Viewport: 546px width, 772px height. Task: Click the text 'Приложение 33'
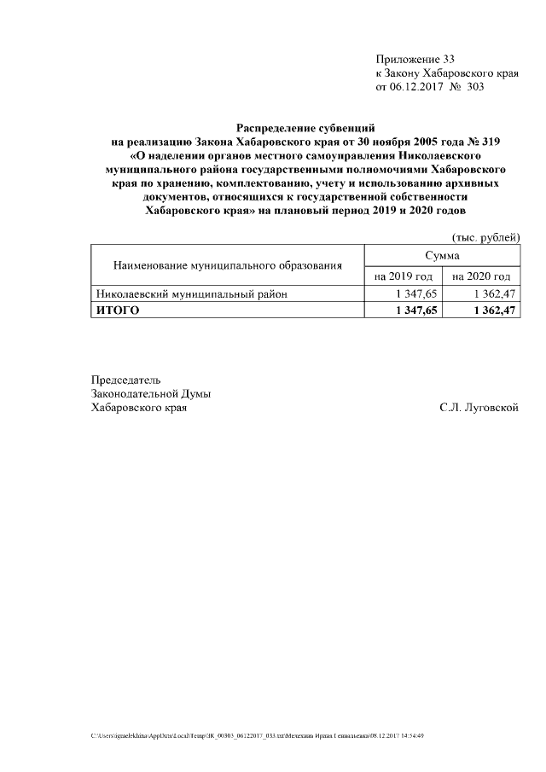[x=415, y=60]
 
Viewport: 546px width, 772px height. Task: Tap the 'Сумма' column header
[x=442, y=256]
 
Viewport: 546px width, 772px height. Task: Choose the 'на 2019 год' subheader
[x=404, y=276]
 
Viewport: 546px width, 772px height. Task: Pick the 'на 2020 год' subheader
[x=481, y=276]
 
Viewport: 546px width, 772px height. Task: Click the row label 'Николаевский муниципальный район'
[x=191, y=294]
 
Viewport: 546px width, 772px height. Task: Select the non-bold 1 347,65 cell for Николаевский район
[x=416, y=294]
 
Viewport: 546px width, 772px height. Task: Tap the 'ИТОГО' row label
[x=116, y=311]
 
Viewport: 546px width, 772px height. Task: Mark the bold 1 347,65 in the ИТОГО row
[x=416, y=311]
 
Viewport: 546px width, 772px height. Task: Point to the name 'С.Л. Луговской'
[x=479, y=408]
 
